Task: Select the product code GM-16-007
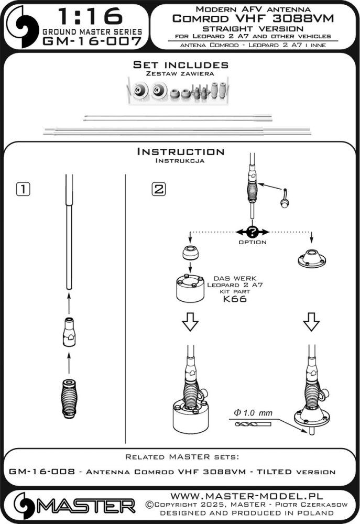(92, 41)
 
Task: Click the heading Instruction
(180, 151)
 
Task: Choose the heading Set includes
(180, 65)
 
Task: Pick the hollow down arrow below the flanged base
(312, 324)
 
